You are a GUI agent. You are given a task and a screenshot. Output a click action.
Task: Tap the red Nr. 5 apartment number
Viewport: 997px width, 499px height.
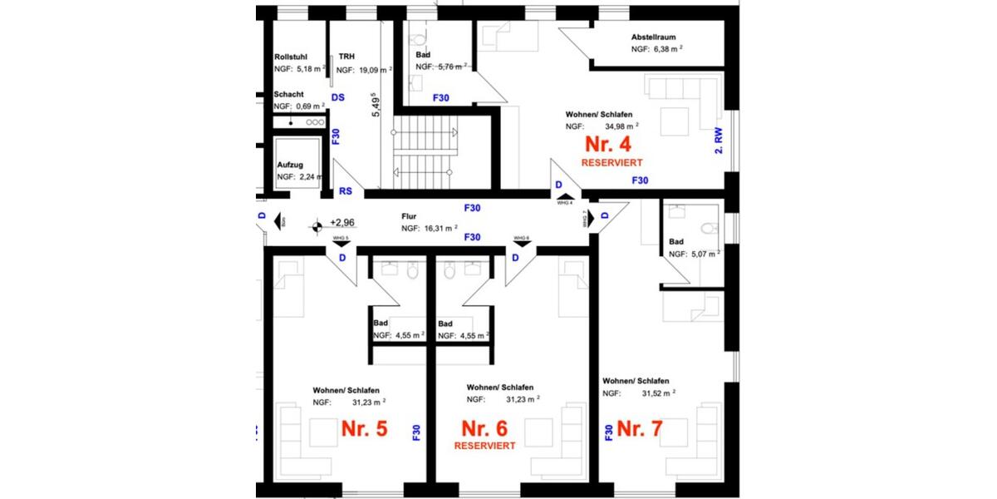365,429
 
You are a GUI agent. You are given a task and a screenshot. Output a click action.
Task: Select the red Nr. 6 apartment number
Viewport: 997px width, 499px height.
484,429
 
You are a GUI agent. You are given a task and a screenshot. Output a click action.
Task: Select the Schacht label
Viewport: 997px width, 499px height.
288,95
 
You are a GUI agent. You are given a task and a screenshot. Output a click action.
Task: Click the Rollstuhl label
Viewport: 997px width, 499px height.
291,57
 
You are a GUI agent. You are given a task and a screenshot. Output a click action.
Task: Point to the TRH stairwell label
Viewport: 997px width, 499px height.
346,57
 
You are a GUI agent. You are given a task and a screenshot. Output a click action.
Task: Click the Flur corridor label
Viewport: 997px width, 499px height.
408,216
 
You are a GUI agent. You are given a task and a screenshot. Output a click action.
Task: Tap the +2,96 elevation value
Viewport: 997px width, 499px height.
342,223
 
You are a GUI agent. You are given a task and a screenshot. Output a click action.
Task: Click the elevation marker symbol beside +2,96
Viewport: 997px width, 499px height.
317,225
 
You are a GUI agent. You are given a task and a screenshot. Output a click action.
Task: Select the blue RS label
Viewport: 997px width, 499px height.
346,190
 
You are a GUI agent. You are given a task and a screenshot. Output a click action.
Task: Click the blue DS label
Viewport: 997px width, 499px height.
337,97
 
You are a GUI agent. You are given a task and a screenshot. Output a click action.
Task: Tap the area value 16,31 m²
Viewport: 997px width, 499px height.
440,228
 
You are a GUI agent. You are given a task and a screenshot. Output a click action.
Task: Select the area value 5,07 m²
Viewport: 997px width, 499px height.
702,254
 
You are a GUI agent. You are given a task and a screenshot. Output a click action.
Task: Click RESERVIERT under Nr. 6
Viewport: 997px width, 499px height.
484,446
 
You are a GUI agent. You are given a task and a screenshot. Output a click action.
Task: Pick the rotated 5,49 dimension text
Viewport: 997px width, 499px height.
376,107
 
